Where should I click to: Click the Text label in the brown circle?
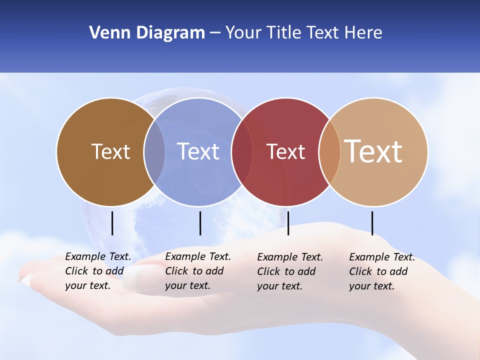tap(110, 151)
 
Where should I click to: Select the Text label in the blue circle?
tap(198, 151)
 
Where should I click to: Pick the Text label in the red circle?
tap(285, 151)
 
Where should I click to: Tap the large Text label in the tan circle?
tap(373, 151)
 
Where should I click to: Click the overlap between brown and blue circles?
tap(154, 152)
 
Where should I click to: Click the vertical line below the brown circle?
tap(112, 223)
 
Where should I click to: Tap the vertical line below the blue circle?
tap(200, 223)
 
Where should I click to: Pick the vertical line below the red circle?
tap(288, 223)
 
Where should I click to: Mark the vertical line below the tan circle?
tap(372, 223)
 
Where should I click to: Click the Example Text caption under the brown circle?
tap(97, 271)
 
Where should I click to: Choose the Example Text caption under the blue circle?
tap(197, 271)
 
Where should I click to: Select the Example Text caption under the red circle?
tap(289, 271)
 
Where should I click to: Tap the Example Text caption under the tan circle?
tap(381, 271)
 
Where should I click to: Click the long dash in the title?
tap(215, 33)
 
